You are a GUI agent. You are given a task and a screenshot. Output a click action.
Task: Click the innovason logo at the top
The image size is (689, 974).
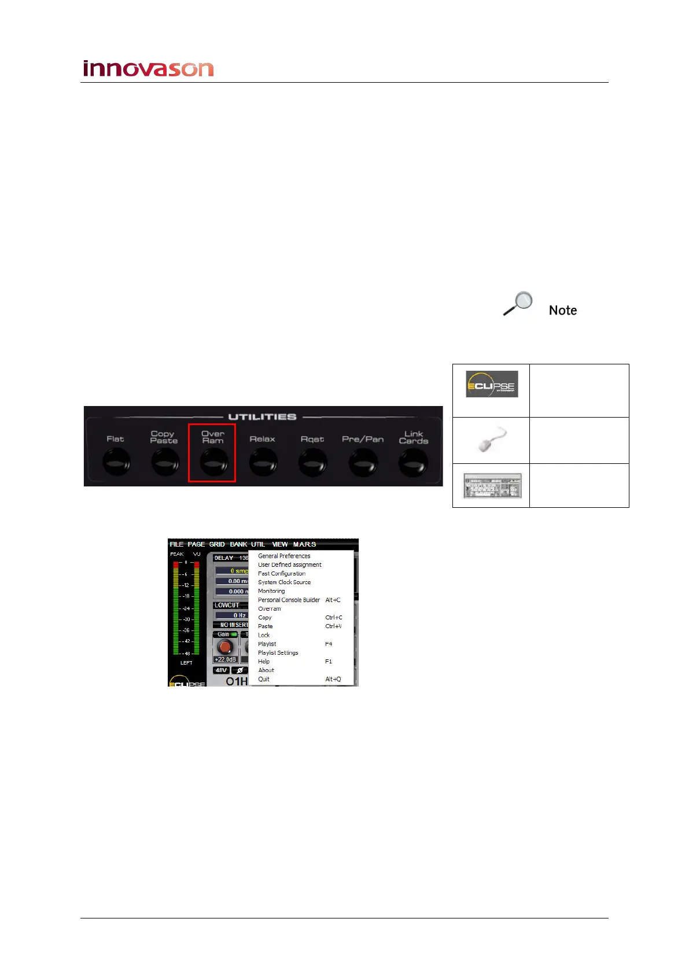[x=148, y=69]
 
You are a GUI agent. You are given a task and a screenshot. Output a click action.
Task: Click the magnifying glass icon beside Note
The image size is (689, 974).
[x=518, y=304]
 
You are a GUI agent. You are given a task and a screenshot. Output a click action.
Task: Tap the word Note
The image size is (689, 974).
[x=562, y=311]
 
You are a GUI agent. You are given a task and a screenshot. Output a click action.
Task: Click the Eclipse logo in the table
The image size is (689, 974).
[x=492, y=385]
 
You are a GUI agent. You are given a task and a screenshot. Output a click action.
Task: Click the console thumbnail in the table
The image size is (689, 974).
[x=492, y=486]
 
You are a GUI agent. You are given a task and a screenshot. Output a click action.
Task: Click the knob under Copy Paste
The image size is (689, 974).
[x=165, y=463]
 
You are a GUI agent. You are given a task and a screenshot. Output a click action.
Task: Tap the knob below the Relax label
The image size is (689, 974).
[x=263, y=463]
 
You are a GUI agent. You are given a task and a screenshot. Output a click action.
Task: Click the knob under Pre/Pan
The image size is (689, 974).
[x=363, y=463]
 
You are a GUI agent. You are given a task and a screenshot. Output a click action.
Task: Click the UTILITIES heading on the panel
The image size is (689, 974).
[x=262, y=417]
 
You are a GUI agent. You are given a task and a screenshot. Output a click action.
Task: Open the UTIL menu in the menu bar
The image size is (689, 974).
[x=258, y=544]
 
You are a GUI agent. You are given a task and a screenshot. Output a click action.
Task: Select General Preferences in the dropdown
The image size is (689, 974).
[x=284, y=556]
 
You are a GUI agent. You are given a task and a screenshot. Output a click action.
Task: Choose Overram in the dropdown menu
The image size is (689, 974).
[x=270, y=608]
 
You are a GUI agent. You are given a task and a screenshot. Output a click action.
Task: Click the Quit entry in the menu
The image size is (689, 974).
[x=264, y=679]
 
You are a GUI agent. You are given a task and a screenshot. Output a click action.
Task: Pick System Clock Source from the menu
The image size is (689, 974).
[x=284, y=582]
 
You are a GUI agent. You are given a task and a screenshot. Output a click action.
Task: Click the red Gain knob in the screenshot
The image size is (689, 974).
[x=225, y=647]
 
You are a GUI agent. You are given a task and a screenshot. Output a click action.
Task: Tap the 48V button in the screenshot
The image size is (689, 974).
[x=221, y=670]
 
